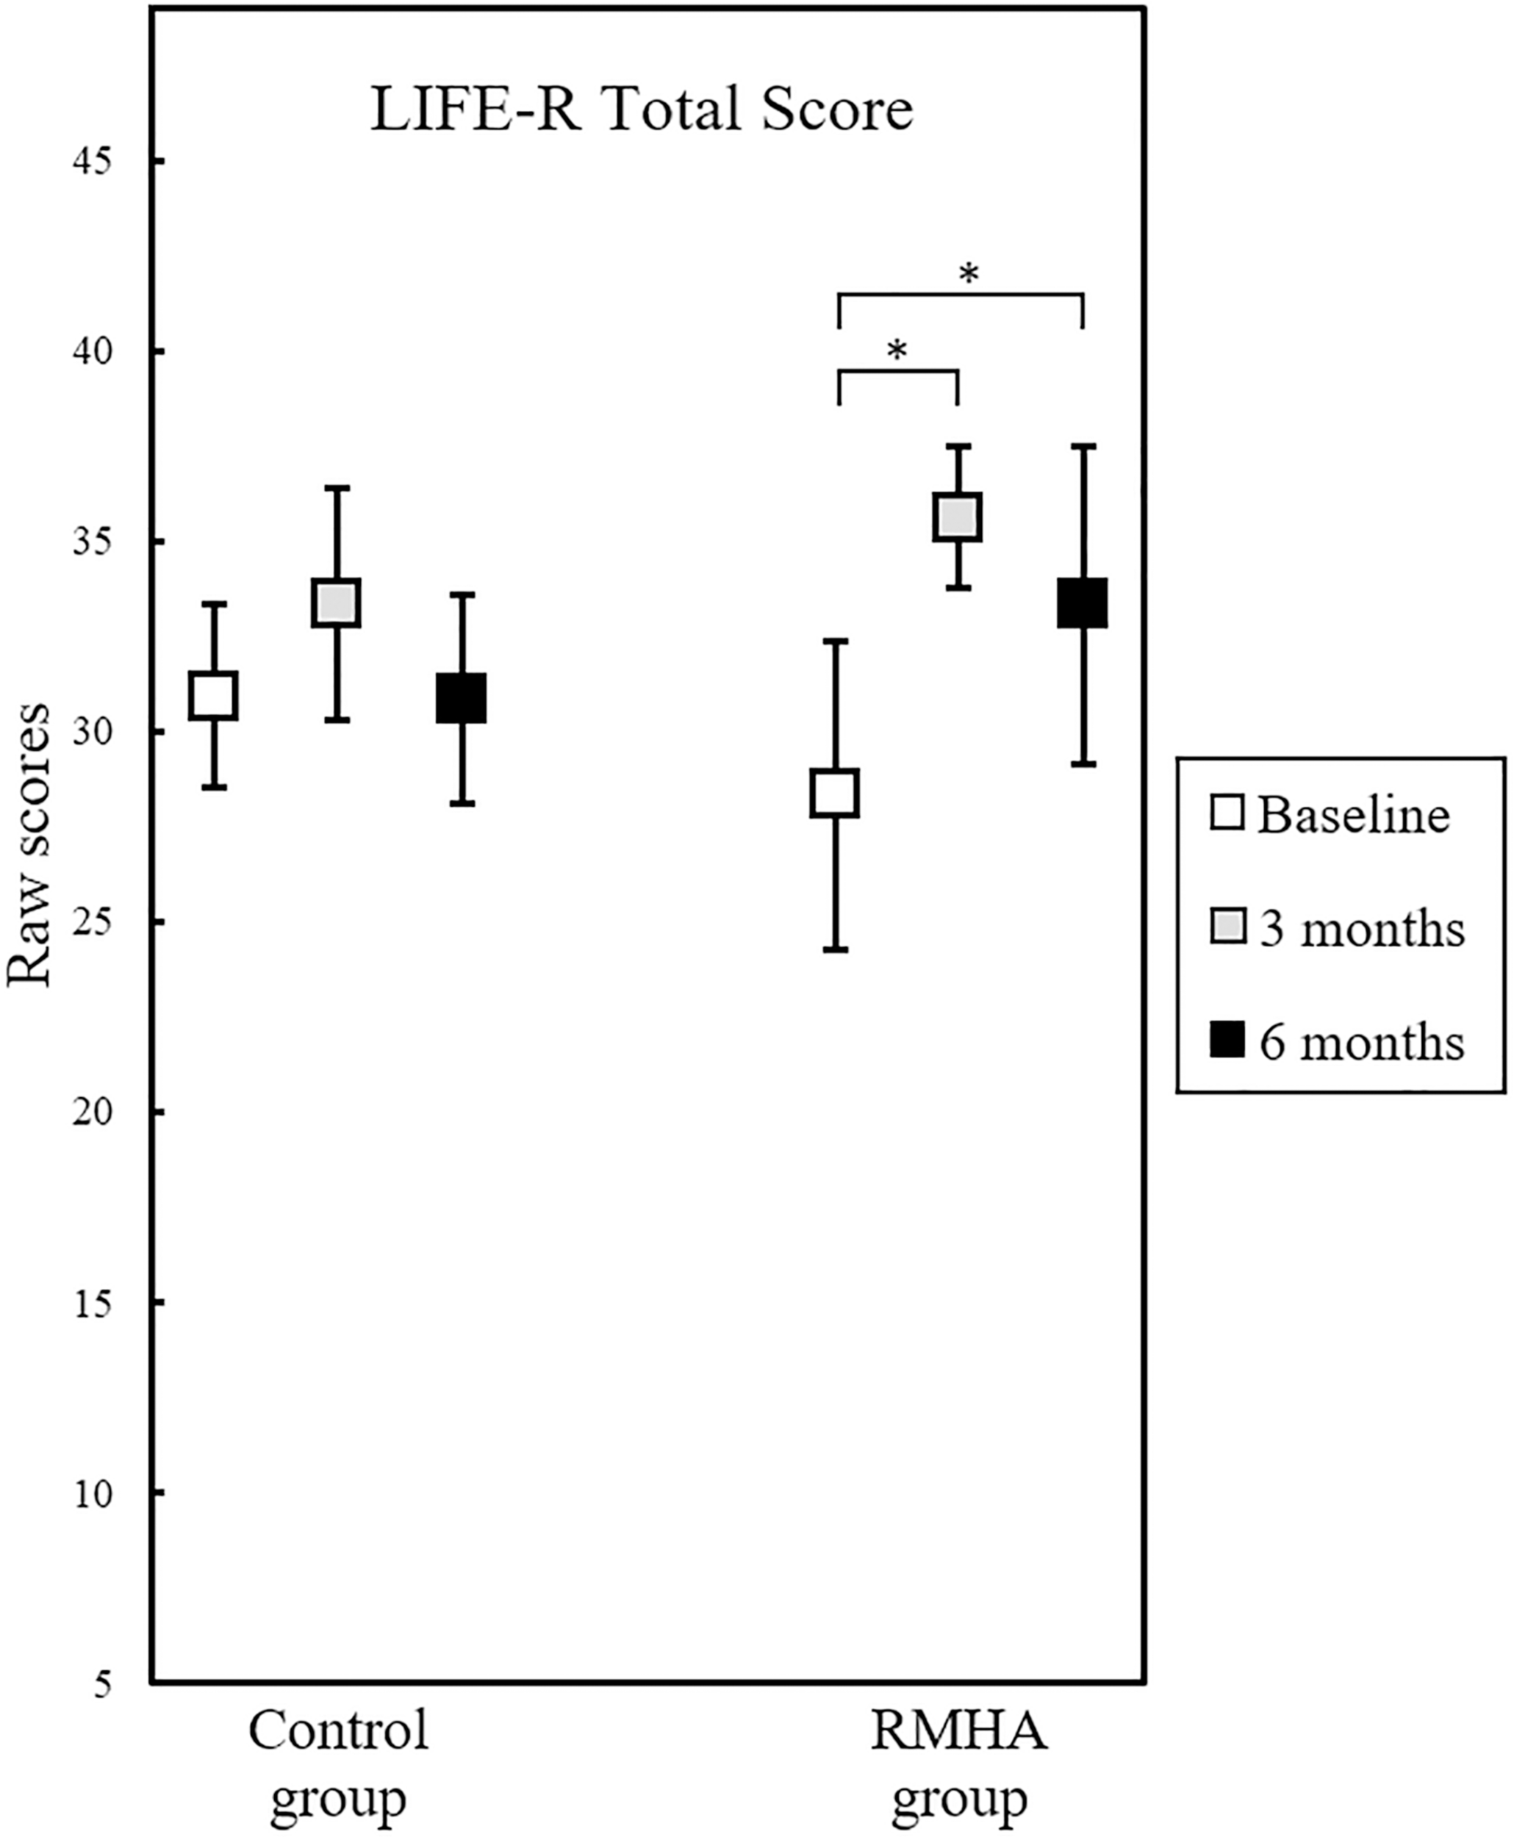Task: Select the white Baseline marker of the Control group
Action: (x=214, y=696)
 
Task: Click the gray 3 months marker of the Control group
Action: (x=337, y=603)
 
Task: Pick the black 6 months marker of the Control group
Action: (x=462, y=697)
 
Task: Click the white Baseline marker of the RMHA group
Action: (x=836, y=794)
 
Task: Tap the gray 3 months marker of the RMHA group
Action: (x=958, y=518)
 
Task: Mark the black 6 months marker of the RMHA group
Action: (x=1083, y=603)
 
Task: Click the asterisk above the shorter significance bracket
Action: (x=897, y=351)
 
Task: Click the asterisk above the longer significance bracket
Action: (x=969, y=276)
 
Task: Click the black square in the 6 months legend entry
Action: (x=1227, y=1041)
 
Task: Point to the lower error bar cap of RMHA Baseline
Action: (x=836, y=949)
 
